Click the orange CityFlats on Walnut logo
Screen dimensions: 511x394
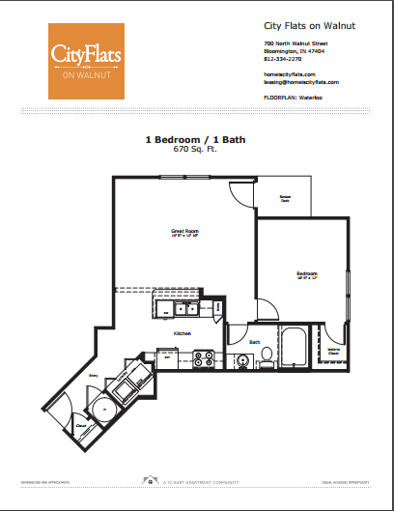[x=87, y=60]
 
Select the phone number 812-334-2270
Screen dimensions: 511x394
[x=283, y=58]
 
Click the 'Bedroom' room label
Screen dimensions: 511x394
[x=307, y=273]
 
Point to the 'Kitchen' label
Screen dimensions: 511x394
[x=183, y=333]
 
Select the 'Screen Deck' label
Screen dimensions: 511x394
[x=286, y=198]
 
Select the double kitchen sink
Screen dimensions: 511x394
[x=180, y=310]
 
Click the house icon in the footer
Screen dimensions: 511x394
[x=148, y=478]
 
